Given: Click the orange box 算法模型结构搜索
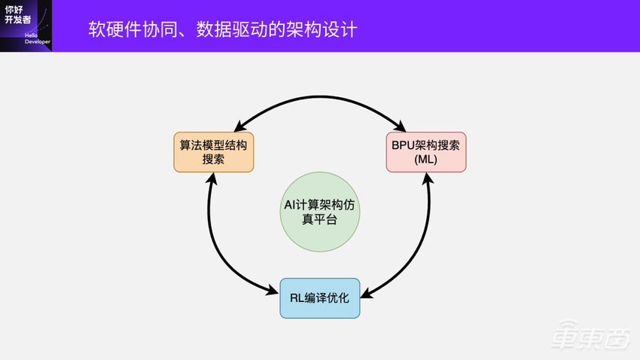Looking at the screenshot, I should click(213, 151).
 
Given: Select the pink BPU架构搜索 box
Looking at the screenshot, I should click(426, 151).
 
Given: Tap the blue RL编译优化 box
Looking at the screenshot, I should click(320, 297).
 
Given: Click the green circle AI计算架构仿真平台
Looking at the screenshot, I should click(320, 212).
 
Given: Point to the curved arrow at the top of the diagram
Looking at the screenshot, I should click(320, 96).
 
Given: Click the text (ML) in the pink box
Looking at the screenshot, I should click(426, 160).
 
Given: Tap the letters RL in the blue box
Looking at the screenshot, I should click(297, 297).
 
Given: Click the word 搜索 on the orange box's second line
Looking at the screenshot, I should click(213, 160).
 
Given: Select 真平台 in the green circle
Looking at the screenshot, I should click(320, 220).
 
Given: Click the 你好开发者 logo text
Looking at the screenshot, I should click(18, 14).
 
